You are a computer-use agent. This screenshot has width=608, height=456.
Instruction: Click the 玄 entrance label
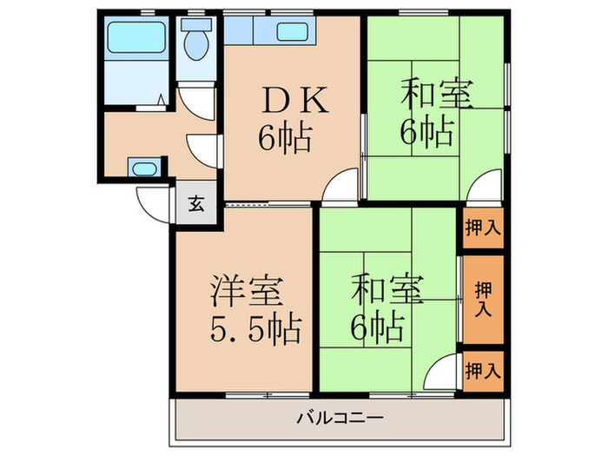click(x=196, y=206)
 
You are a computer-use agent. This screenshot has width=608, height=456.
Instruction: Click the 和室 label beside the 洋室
click(x=388, y=288)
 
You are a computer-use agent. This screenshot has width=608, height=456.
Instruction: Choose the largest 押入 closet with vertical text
click(x=483, y=298)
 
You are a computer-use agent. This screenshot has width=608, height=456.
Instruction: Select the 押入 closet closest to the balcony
click(x=483, y=371)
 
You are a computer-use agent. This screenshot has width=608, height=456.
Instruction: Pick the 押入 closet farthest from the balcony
click(x=483, y=228)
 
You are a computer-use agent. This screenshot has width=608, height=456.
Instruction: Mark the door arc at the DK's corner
click(x=344, y=188)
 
